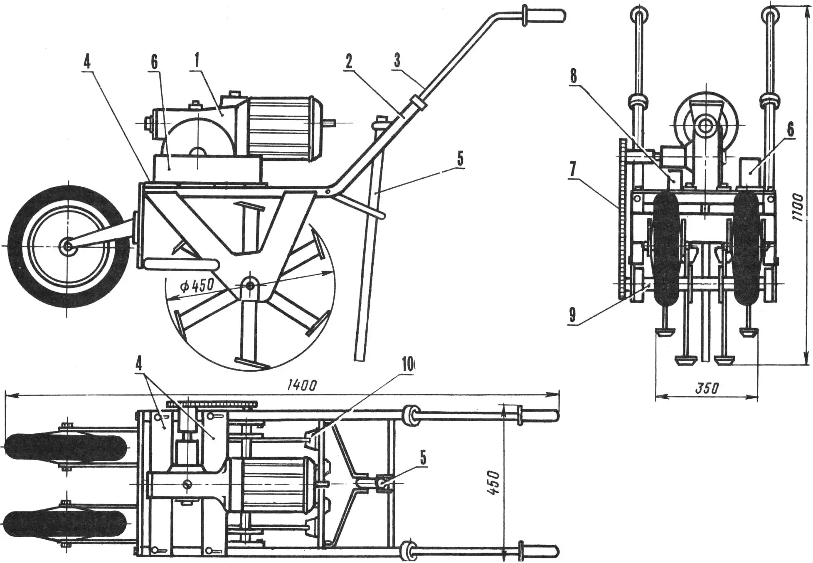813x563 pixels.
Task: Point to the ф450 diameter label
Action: point(197,286)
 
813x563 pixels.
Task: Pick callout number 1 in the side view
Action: point(196,61)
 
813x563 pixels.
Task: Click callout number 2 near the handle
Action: point(349,62)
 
